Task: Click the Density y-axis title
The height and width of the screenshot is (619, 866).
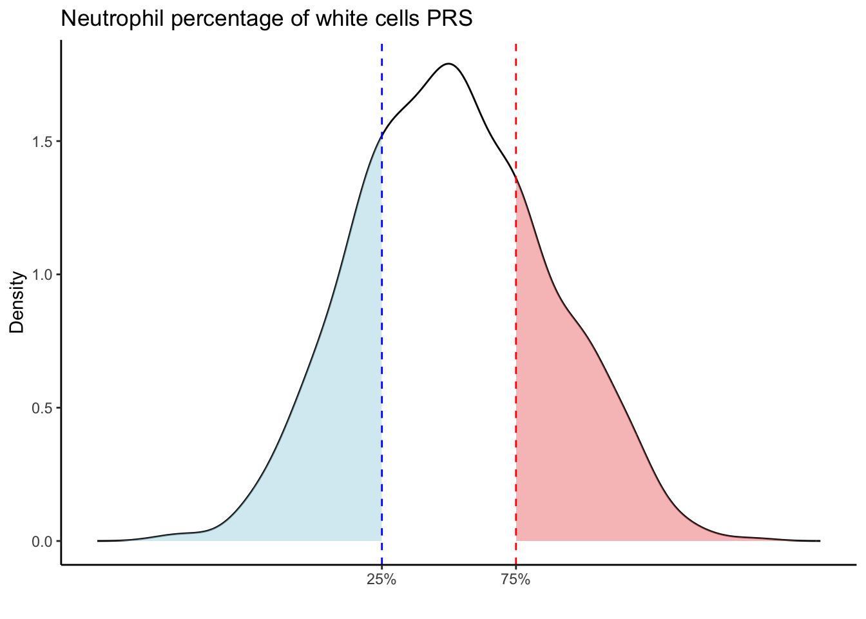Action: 17,302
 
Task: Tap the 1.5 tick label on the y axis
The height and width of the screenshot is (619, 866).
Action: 43,141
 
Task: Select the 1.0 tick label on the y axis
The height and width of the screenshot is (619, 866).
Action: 43,275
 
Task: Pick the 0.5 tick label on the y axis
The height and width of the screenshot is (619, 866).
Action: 43,408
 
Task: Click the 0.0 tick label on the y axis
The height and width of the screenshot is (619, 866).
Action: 43,541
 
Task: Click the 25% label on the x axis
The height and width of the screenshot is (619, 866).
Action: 381,580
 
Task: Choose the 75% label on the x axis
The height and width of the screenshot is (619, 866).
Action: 515,580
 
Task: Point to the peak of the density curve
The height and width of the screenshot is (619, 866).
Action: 448,64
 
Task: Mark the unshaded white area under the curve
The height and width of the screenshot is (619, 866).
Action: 448,322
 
